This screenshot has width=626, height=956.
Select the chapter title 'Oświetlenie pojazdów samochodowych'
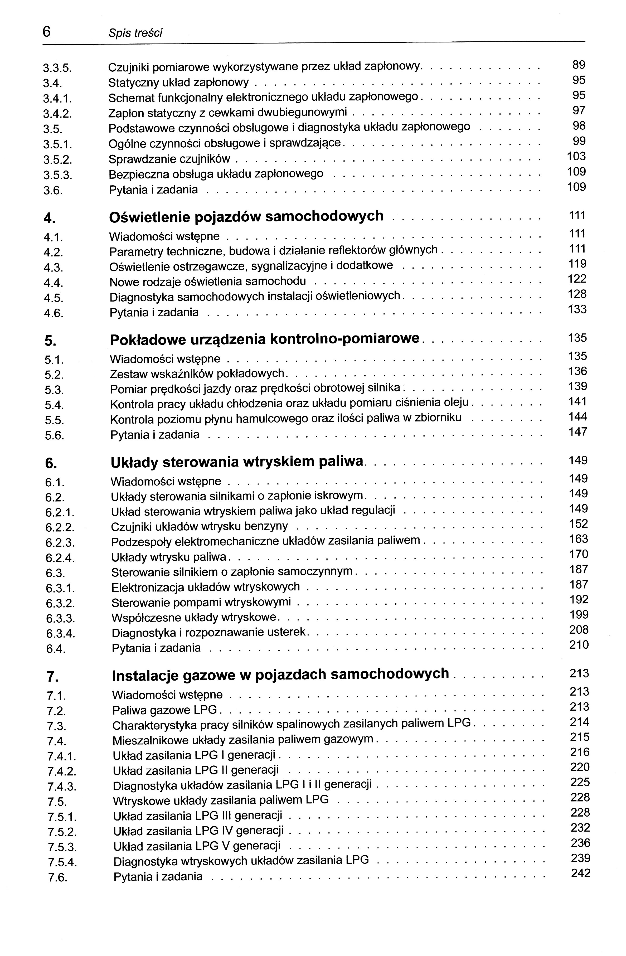(246, 216)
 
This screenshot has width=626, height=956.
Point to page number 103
(576, 156)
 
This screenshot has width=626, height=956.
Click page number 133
(578, 310)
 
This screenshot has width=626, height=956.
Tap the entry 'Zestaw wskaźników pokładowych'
(197, 374)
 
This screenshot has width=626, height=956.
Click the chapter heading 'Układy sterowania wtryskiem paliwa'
(237, 462)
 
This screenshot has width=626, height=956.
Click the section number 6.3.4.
(61, 634)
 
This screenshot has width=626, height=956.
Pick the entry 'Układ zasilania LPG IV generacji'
(198, 831)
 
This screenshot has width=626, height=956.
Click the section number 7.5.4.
(62, 862)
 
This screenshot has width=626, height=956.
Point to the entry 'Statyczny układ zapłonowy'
(178, 83)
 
